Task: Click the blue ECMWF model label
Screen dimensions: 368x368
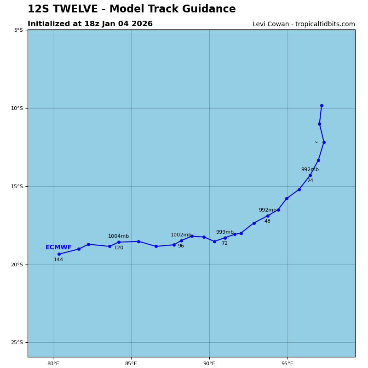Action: (x=58, y=247)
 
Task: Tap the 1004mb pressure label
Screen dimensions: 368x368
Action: (x=118, y=236)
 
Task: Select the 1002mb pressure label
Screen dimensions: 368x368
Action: (x=181, y=235)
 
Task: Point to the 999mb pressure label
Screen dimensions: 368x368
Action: (x=225, y=232)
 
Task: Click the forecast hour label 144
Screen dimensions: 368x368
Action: (x=58, y=260)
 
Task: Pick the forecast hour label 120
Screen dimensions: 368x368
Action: (x=119, y=248)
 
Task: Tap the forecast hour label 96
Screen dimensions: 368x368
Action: (x=181, y=246)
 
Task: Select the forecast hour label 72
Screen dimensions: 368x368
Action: (x=224, y=243)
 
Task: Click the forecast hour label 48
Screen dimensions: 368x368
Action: (x=267, y=221)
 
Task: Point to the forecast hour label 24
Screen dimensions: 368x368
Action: (x=310, y=181)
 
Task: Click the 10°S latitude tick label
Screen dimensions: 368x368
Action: (x=18, y=108)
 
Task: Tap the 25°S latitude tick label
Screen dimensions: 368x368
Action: (x=18, y=343)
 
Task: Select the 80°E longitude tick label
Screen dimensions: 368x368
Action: (x=53, y=364)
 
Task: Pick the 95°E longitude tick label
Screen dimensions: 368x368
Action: (x=287, y=364)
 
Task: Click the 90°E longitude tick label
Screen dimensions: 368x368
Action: (x=209, y=364)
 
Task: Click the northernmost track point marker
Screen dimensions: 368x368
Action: (x=322, y=106)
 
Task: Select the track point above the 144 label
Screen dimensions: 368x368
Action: (x=59, y=254)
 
